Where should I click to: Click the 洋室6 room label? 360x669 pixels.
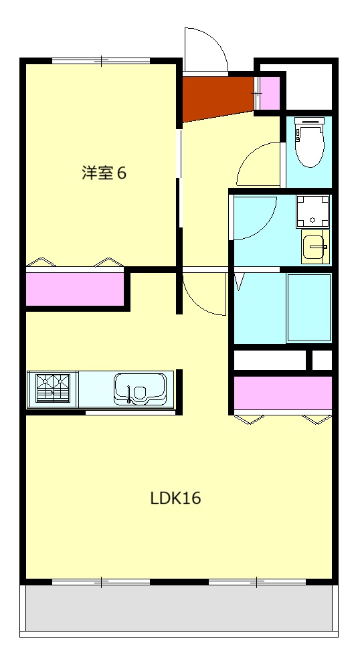pyautogui.click(x=104, y=173)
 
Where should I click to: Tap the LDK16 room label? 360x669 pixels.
pyautogui.click(x=175, y=498)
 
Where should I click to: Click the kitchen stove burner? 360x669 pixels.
pyautogui.click(x=52, y=387)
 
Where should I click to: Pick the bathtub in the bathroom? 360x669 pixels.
pyautogui.click(x=308, y=308)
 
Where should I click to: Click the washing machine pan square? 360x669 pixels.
pyautogui.click(x=312, y=210)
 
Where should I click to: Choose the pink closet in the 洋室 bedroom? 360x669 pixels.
pyautogui.click(x=75, y=288)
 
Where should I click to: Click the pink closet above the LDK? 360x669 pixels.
pyautogui.click(x=282, y=393)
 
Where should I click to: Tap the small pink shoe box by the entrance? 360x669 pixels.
pyautogui.click(x=270, y=94)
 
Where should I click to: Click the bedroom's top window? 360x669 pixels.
pyautogui.click(x=101, y=61)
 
